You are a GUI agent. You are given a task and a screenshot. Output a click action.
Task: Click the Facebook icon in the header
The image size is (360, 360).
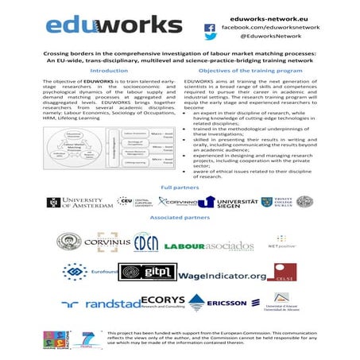(210, 26)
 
